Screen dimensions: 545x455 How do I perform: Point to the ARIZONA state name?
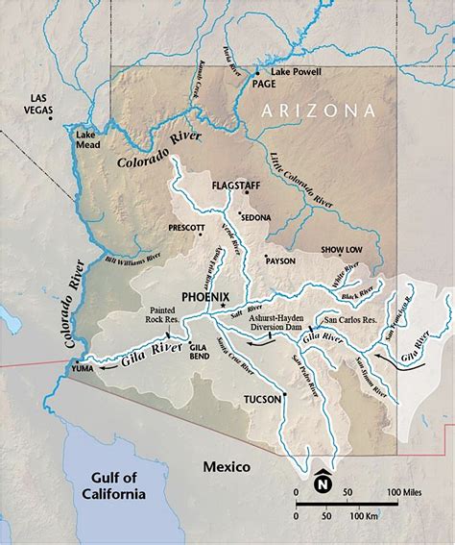coord(318,111)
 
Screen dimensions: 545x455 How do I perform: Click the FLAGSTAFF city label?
coord(236,182)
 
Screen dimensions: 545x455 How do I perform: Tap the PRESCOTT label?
coord(186,228)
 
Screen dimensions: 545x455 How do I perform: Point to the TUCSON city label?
coord(261,399)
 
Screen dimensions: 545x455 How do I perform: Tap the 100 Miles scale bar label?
coord(405,492)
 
